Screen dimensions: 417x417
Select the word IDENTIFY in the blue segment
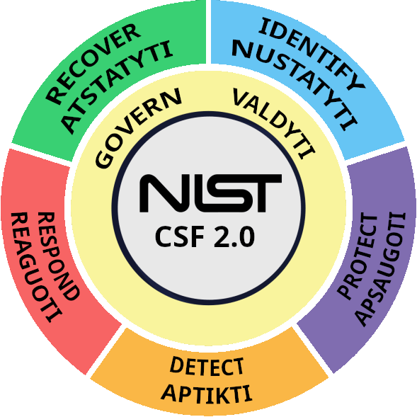(x=312, y=53)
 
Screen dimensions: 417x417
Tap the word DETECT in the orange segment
(x=207, y=367)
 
